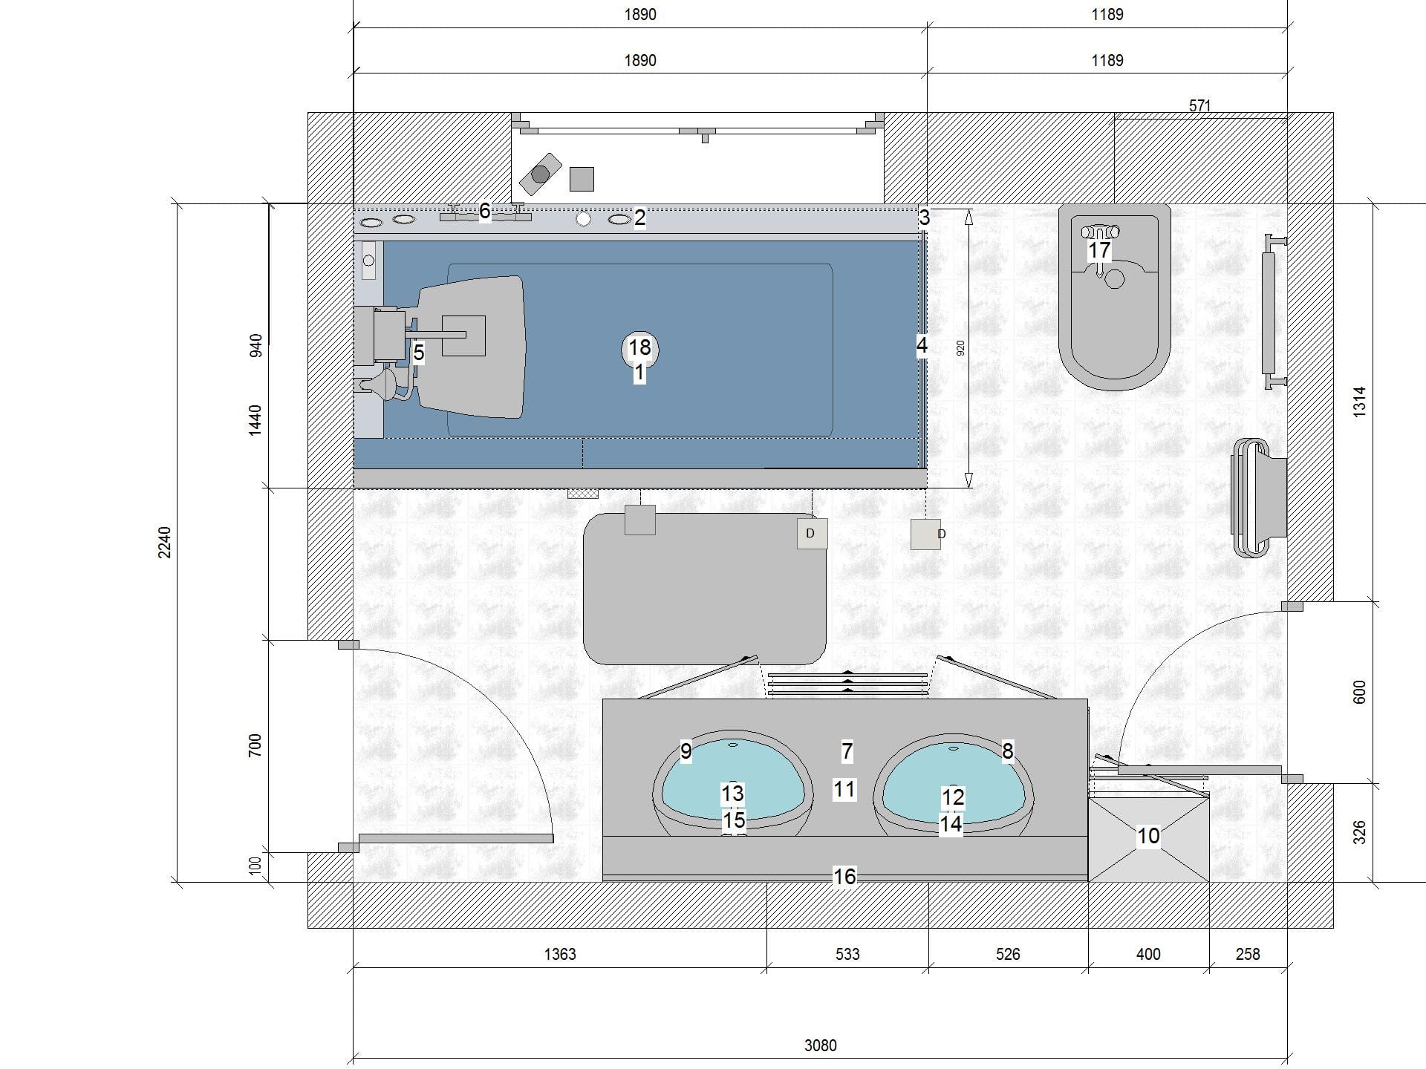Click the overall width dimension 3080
coord(820,1045)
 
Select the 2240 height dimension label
coord(165,542)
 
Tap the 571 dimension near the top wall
coord(1199,105)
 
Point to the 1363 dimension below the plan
coord(559,954)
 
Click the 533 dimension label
coord(847,954)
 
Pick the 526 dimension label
coord(1008,954)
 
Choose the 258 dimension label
coord(1248,954)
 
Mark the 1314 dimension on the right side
coord(1359,401)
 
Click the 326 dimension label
coord(1359,832)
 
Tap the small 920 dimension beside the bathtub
coord(960,347)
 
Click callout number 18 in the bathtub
coord(639,347)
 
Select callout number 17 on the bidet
coord(1099,250)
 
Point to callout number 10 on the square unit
coord(1148,836)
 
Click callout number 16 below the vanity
coord(844,877)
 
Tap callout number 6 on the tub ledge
coord(485,211)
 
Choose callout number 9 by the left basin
coord(686,751)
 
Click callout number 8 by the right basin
coord(1008,751)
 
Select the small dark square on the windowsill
coord(582,179)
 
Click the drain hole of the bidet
coord(1115,279)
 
